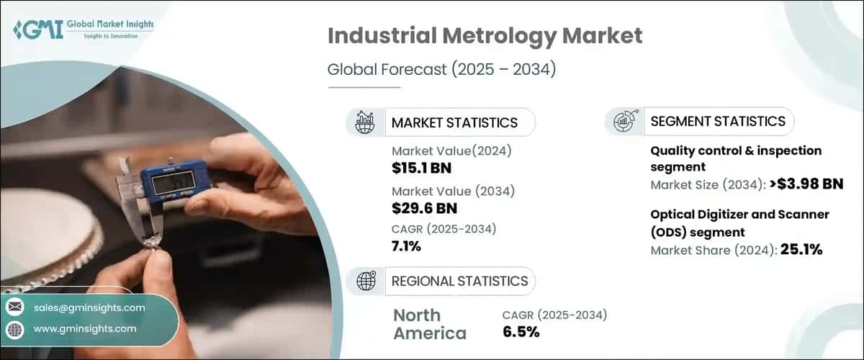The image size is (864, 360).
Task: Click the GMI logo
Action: point(83,29)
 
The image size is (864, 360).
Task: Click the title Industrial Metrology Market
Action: point(485,36)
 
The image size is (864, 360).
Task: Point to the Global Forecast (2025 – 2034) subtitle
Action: point(441,69)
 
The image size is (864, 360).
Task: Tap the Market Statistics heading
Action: point(454,122)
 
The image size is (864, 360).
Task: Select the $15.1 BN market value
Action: point(421,168)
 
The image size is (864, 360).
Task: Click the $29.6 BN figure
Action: point(424,208)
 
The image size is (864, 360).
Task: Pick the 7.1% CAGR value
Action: point(406,246)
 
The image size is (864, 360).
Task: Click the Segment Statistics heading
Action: point(718,122)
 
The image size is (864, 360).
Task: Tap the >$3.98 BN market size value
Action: point(806,184)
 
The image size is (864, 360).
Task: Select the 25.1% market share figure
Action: point(801,250)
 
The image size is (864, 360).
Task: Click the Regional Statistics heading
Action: point(459,282)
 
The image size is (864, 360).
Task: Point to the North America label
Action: point(430,325)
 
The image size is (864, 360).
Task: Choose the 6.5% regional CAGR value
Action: point(521,332)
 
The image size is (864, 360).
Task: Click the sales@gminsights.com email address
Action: point(89,307)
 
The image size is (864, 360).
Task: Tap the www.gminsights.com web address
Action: point(85,329)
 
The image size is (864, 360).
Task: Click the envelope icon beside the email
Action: point(15,307)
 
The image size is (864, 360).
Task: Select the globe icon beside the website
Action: point(15,330)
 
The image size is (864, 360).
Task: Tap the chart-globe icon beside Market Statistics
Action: point(364,122)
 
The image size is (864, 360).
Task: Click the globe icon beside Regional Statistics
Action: point(366,281)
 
